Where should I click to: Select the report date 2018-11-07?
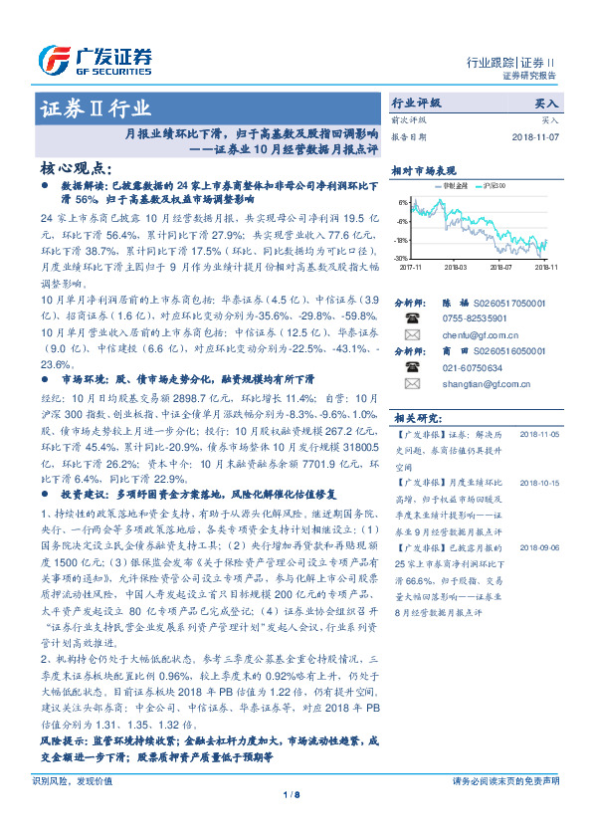coord(534,136)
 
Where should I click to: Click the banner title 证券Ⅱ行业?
coord(95,107)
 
